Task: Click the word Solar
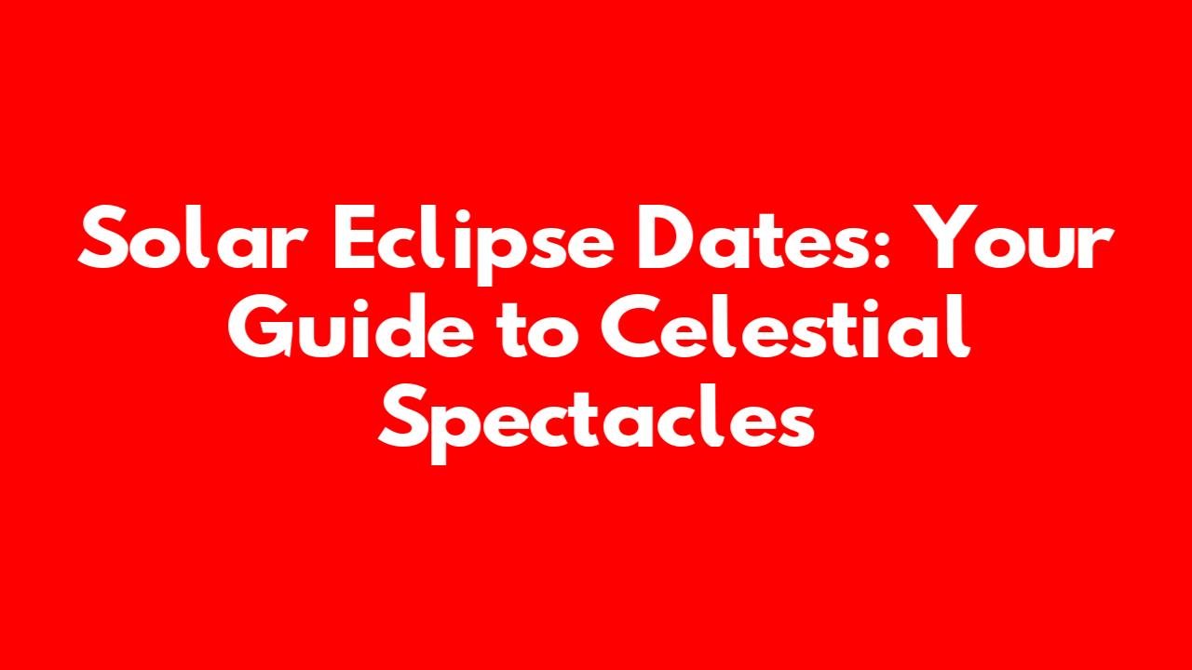pos(193,237)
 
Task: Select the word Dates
pos(755,237)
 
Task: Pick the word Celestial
pos(785,326)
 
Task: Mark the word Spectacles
pos(596,423)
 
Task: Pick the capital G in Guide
pos(260,326)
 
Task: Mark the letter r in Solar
pos(293,247)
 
